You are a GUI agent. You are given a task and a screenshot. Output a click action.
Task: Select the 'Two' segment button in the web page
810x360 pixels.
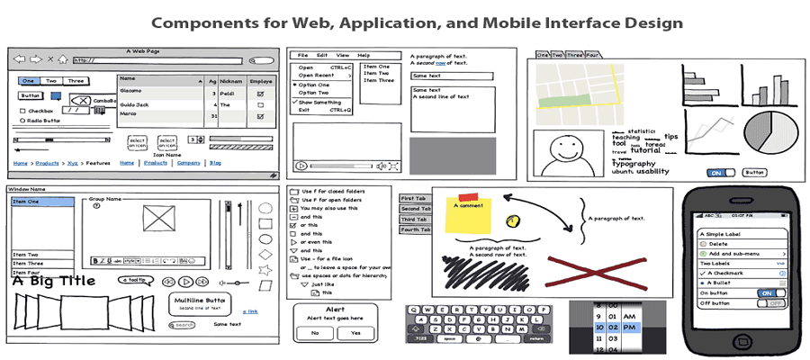pos(51,81)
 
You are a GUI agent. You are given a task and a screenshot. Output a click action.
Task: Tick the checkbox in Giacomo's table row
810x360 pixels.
pos(260,92)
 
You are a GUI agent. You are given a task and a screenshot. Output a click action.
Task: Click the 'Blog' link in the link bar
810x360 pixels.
pos(215,163)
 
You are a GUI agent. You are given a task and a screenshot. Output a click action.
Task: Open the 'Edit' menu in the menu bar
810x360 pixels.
pos(322,56)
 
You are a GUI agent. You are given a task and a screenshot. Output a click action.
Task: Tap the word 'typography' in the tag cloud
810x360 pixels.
pos(634,163)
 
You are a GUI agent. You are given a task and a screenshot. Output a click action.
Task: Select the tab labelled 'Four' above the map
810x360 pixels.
pos(592,55)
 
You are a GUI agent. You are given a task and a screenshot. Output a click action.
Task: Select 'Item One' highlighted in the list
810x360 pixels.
pos(41,202)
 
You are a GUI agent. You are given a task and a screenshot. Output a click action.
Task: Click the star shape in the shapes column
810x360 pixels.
pos(265,269)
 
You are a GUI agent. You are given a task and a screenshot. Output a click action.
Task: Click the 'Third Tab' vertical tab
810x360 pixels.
pos(414,220)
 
